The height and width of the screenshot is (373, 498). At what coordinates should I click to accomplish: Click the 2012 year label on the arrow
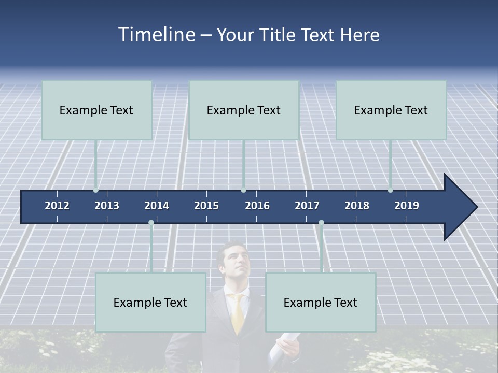(x=57, y=206)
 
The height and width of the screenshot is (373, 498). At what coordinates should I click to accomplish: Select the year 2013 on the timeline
(x=107, y=206)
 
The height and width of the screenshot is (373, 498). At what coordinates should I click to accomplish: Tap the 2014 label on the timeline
(x=157, y=206)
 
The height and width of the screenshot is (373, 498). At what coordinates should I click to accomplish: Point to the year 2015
(x=206, y=206)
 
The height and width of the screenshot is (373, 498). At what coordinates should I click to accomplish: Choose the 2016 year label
(x=257, y=206)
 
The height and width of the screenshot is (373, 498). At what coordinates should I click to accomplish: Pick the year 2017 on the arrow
(x=307, y=206)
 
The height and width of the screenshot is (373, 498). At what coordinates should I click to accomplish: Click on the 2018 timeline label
(x=357, y=206)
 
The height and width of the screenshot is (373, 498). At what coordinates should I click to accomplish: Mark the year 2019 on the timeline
(x=407, y=206)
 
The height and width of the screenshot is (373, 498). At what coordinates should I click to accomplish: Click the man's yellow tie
(x=238, y=313)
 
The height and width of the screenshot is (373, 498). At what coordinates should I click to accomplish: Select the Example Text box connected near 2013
(x=96, y=110)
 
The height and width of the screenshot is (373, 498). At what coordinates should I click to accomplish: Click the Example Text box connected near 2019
(x=391, y=110)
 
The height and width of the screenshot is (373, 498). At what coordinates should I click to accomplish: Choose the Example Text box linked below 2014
(x=150, y=302)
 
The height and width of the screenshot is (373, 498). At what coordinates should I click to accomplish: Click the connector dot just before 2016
(x=243, y=190)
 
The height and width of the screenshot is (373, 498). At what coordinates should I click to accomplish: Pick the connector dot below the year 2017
(x=321, y=223)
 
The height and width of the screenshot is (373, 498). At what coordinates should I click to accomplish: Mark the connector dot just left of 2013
(x=95, y=190)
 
